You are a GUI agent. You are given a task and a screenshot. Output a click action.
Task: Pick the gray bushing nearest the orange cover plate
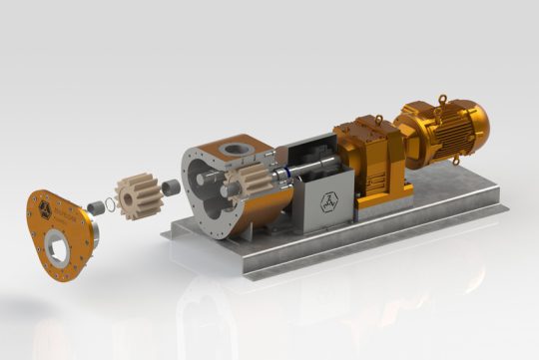[x=97, y=207]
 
